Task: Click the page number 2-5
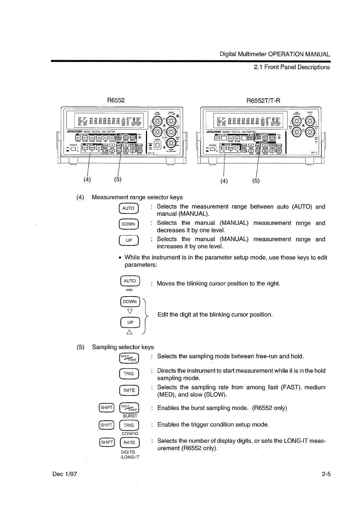326,474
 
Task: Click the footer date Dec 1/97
65,474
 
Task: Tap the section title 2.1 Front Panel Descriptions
292,67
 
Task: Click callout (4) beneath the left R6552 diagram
87,179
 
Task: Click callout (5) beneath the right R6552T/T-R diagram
256,181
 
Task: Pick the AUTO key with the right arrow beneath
130,281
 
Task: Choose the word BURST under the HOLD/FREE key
130,416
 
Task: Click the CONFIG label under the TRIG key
130,433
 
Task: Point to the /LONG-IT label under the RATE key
130,457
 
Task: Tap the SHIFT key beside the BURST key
106,407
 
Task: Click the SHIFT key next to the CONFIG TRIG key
106,425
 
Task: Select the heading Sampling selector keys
123,347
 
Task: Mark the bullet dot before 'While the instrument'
120,258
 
